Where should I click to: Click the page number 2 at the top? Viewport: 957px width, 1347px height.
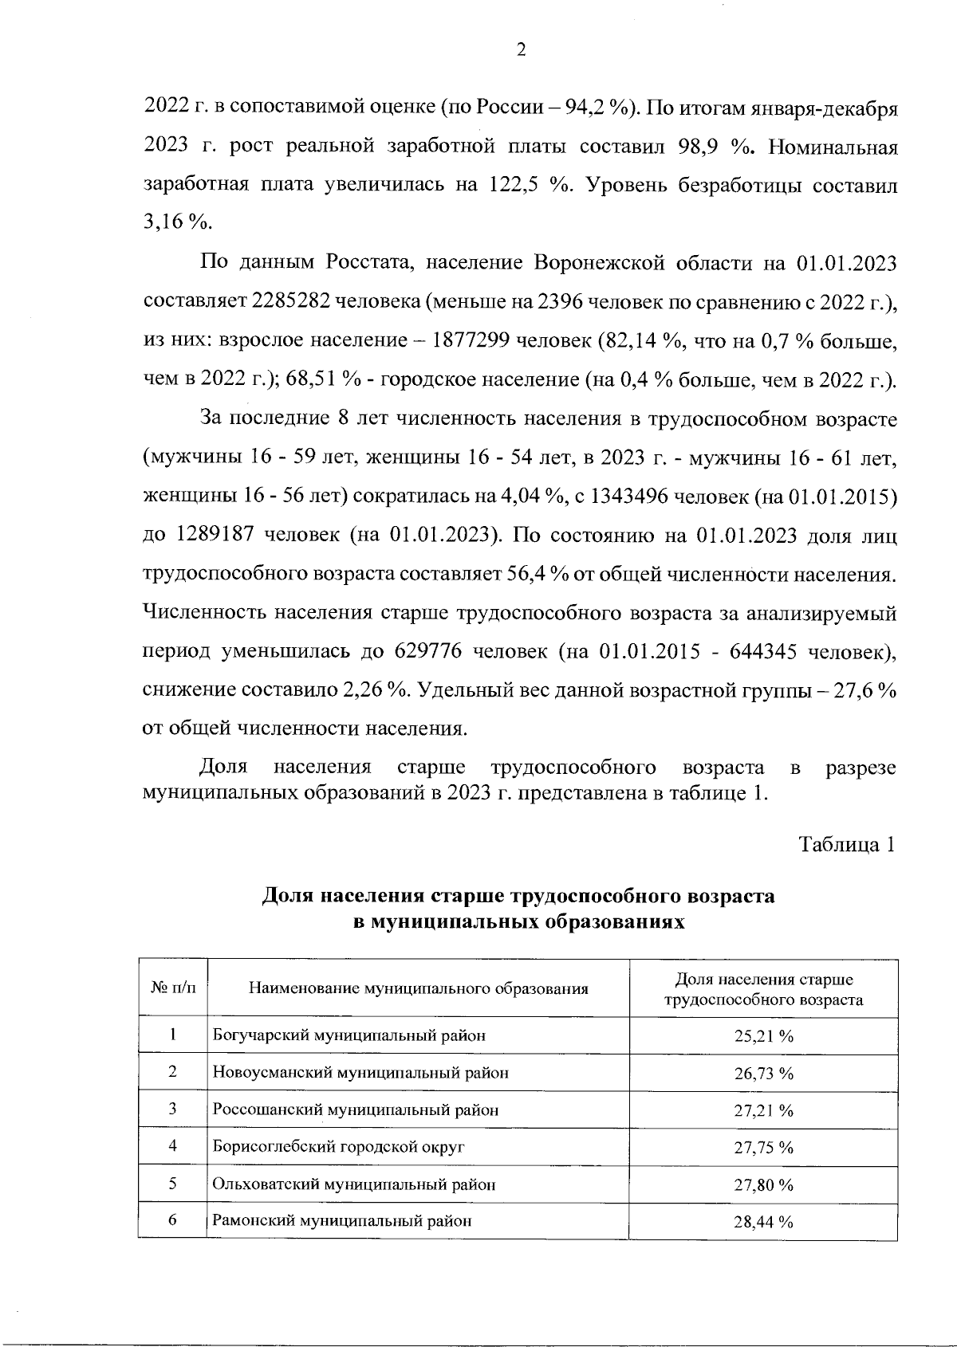pos(521,50)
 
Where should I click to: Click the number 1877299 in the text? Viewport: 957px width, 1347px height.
pos(471,340)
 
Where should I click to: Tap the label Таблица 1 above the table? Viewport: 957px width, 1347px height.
pos(848,845)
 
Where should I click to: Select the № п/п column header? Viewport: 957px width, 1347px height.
pos(172,989)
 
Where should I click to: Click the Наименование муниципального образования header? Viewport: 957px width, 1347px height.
pos(419,989)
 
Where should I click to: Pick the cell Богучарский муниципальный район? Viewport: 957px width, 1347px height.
pos(349,1036)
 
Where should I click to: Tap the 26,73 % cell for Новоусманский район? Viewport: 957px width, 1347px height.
pos(763,1074)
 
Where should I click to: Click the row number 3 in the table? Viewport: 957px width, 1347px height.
pos(172,1109)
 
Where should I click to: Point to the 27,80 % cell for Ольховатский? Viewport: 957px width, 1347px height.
pos(763,1185)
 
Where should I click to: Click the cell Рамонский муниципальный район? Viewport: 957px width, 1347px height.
pos(342,1221)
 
